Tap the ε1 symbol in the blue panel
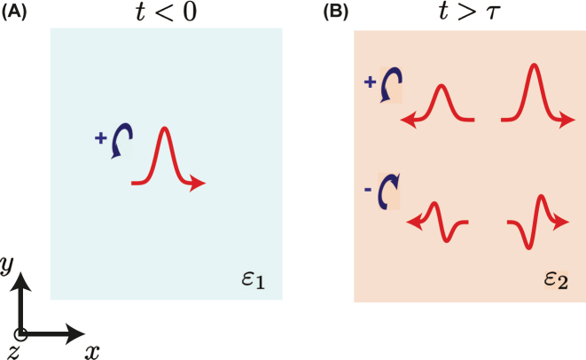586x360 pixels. (x=252, y=282)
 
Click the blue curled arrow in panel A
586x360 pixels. (x=121, y=142)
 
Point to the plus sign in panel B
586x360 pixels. (x=370, y=82)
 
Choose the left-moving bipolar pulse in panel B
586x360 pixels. (x=441, y=222)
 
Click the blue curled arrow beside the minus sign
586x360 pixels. (x=389, y=195)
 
